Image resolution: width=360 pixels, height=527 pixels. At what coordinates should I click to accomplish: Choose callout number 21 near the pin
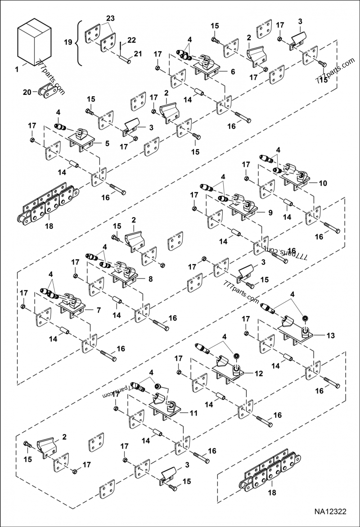coord(137,54)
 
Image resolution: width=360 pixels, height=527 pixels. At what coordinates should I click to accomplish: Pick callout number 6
coord(233,71)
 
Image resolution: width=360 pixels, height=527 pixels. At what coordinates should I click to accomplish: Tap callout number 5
coord(107,144)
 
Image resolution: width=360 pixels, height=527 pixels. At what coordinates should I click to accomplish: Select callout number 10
coord(323,183)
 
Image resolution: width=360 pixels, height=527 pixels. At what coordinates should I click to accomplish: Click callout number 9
coord(270,213)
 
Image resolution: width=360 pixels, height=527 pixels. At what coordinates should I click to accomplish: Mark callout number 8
coord(150,279)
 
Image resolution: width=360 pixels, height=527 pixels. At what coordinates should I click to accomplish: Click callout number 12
coord(259,373)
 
